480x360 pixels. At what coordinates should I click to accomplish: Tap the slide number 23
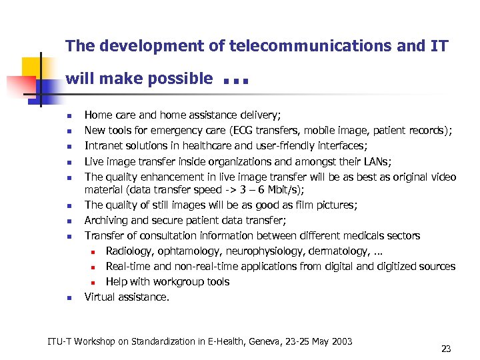click(x=446, y=348)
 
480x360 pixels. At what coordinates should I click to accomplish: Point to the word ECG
click(x=241, y=130)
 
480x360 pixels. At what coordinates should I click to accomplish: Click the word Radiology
click(x=129, y=251)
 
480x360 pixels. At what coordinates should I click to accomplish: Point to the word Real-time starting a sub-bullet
click(x=129, y=266)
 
